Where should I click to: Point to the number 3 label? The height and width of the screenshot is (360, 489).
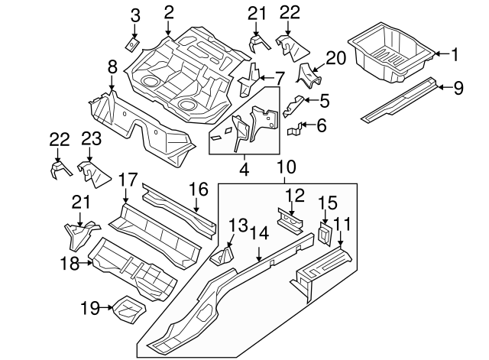pyautogui.click(x=134, y=15)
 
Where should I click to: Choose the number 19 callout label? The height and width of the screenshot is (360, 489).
pyautogui.click(x=89, y=308)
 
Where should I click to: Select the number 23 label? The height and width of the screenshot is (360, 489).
pyautogui.click(x=90, y=138)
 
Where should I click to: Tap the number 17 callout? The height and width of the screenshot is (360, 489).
pyautogui.click(x=128, y=180)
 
